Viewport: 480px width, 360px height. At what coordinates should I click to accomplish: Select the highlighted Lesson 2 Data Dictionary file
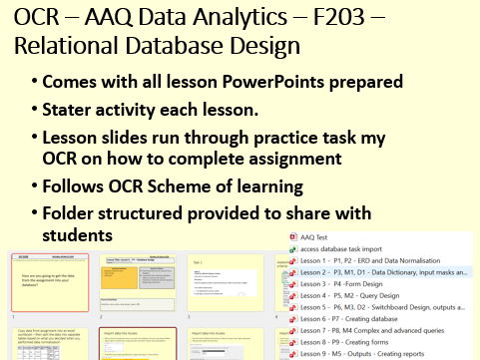(x=385, y=273)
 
